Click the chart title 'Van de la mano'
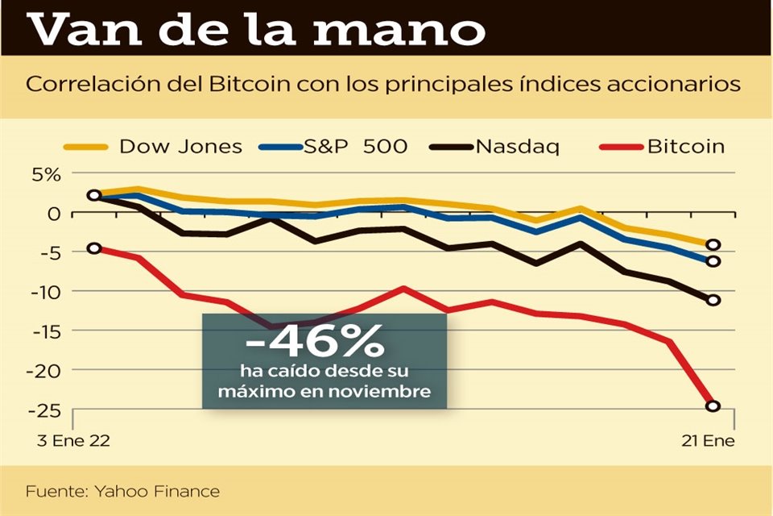(x=258, y=30)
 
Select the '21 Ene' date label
(x=703, y=443)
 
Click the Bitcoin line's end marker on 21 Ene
(x=713, y=406)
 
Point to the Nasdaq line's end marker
(x=713, y=300)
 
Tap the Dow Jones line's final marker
(x=713, y=245)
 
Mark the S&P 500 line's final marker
(x=713, y=261)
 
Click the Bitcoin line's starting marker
(x=94, y=248)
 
